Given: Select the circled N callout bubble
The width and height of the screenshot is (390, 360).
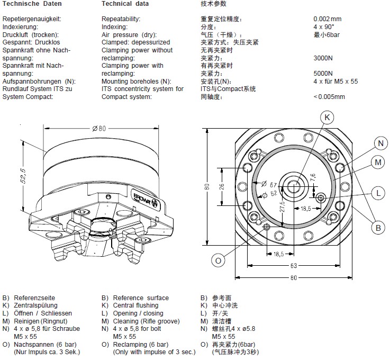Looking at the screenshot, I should click(x=380, y=143).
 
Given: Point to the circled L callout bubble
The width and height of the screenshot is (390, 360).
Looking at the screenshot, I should click(x=378, y=193).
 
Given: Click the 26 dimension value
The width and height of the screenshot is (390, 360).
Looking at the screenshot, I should click(x=223, y=187).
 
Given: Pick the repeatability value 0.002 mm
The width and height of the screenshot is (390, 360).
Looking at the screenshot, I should click(x=327, y=19).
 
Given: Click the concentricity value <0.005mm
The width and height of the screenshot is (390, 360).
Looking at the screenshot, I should click(x=329, y=97).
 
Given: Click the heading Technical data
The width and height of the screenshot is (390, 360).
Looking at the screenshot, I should click(x=125, y=4).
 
